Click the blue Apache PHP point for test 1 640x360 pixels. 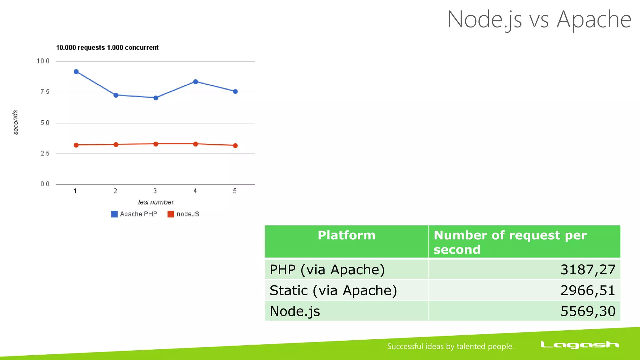(x=76, y=72)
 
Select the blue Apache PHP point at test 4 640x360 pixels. (x=195, y=82)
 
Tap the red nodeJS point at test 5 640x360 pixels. (x=235, y=146)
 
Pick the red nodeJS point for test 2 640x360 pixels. (x=116, y=144)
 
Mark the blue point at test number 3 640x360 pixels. (x=156, y=98)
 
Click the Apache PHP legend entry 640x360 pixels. (x=134, y=214)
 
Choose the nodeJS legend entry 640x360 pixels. (x=183, y=214)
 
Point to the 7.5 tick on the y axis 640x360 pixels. (x=45, y=92)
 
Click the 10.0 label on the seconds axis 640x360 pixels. (x=43, y=61)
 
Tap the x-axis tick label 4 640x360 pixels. (x=195, y=191)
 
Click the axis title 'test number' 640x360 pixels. (x=156, y=202)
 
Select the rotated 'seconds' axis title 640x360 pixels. (x=15, y=122)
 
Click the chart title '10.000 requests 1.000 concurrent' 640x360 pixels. (x=107, y=47)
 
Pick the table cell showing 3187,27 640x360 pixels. (x=587, y=269)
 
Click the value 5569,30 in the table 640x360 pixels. (x=587, y=311)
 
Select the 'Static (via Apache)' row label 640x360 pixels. (x=333, y=290)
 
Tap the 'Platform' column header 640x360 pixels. (x=346, y=235)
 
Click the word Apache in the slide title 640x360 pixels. (x=594, y=19)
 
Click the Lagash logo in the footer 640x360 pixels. (x=579, y=345)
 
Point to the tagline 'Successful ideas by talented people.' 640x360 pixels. (x=450, y=346)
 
